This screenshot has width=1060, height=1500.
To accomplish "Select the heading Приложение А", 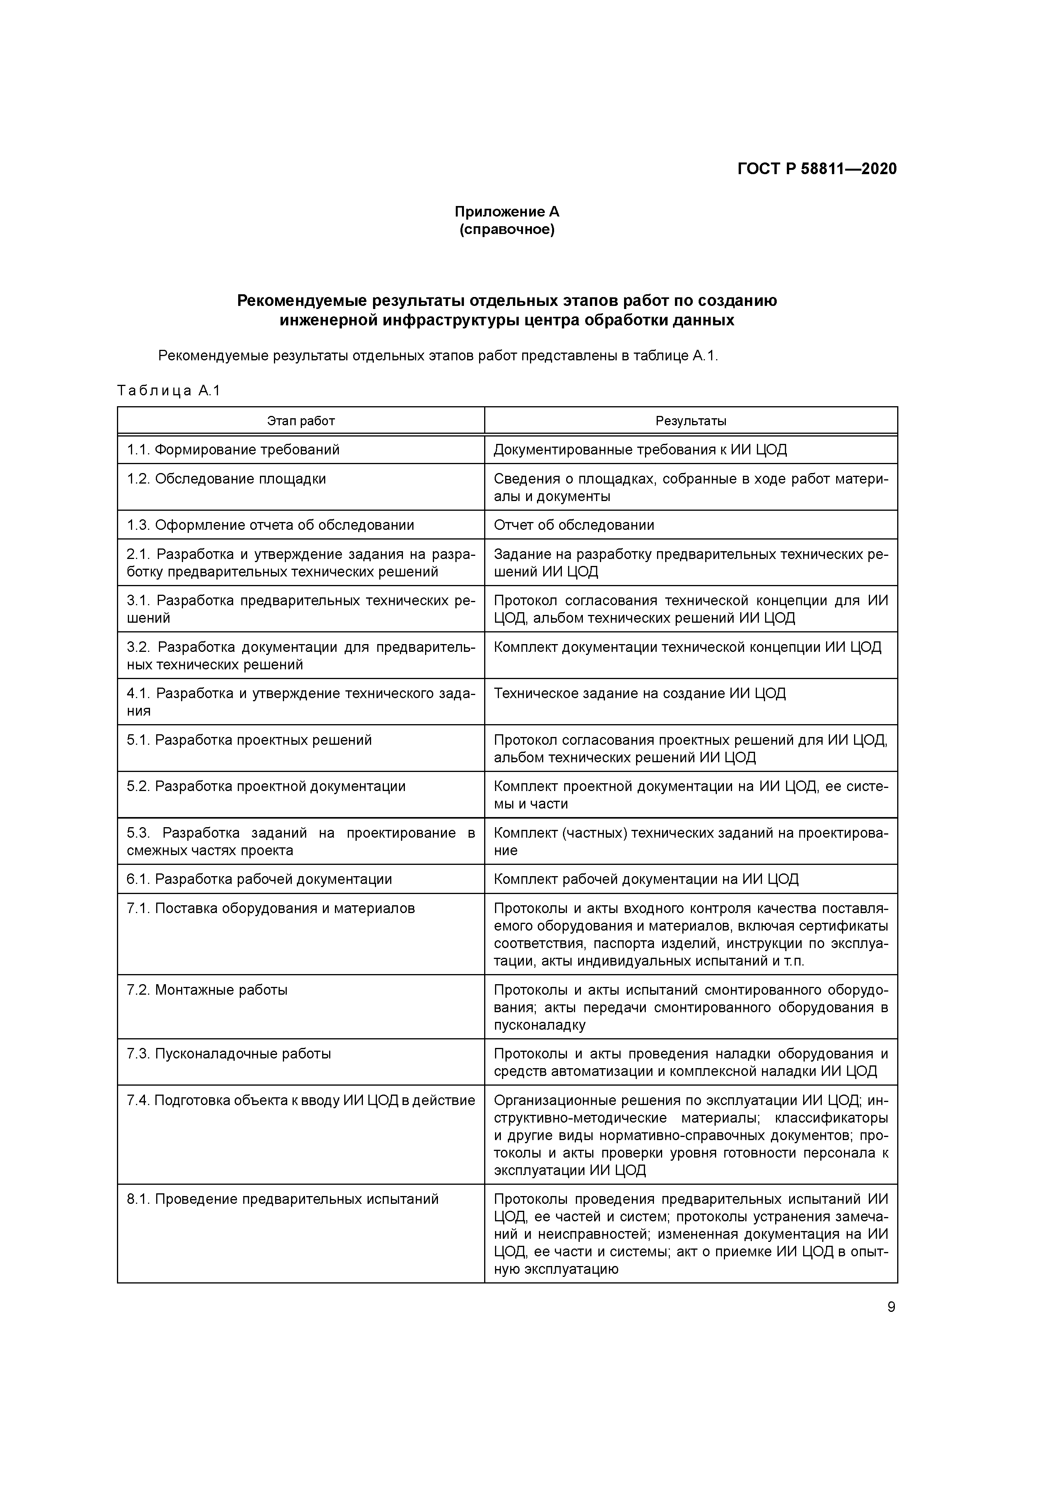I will click(x=507, y=212).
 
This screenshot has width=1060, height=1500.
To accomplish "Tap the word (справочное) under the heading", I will click(x=507, y=230).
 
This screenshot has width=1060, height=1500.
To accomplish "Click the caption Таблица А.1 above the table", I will click(x=169, y=391).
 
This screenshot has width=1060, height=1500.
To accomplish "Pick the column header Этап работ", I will click(x=300, y=421).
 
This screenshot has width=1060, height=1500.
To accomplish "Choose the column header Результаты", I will click(x=690, y=421).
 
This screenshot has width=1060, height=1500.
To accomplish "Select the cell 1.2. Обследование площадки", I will click(x=226, y=479).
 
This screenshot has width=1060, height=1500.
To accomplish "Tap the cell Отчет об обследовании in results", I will click(x=574, y=525).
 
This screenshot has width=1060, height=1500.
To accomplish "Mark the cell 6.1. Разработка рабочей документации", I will click(x=259, y=879).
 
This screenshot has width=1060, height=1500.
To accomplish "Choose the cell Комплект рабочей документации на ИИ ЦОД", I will click(x=646, y=879).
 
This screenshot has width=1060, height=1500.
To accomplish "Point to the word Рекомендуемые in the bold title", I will click(x=302, y=300).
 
